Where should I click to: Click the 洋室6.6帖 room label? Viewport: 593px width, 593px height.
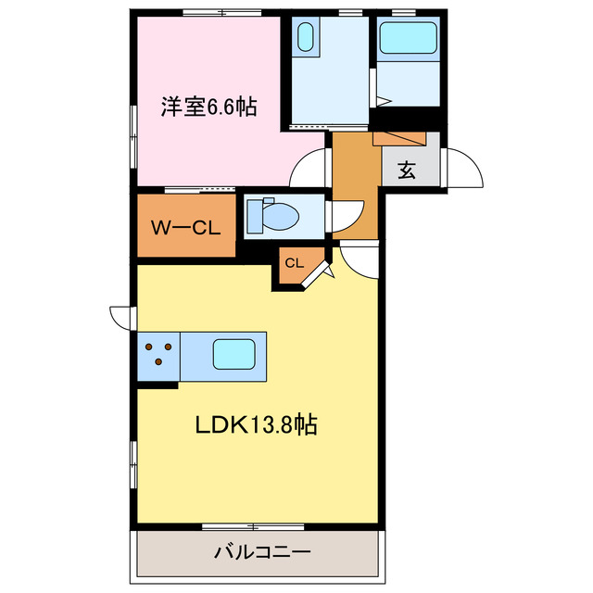coord(208,107)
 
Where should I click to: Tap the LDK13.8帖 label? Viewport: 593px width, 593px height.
coord(257,425)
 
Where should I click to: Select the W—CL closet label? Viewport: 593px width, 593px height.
coord(185,226)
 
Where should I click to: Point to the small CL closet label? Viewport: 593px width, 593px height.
coord(294,263)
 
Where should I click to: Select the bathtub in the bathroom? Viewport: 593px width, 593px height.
coord(408,40)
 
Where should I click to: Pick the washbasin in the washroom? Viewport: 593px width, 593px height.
coord(306,40)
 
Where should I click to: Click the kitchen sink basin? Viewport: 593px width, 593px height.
coord(234,355)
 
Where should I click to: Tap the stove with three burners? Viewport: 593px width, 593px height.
coord(158,355)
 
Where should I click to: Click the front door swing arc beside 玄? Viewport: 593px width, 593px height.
coord(463,169)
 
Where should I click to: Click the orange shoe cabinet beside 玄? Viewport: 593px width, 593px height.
coord(399,138)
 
